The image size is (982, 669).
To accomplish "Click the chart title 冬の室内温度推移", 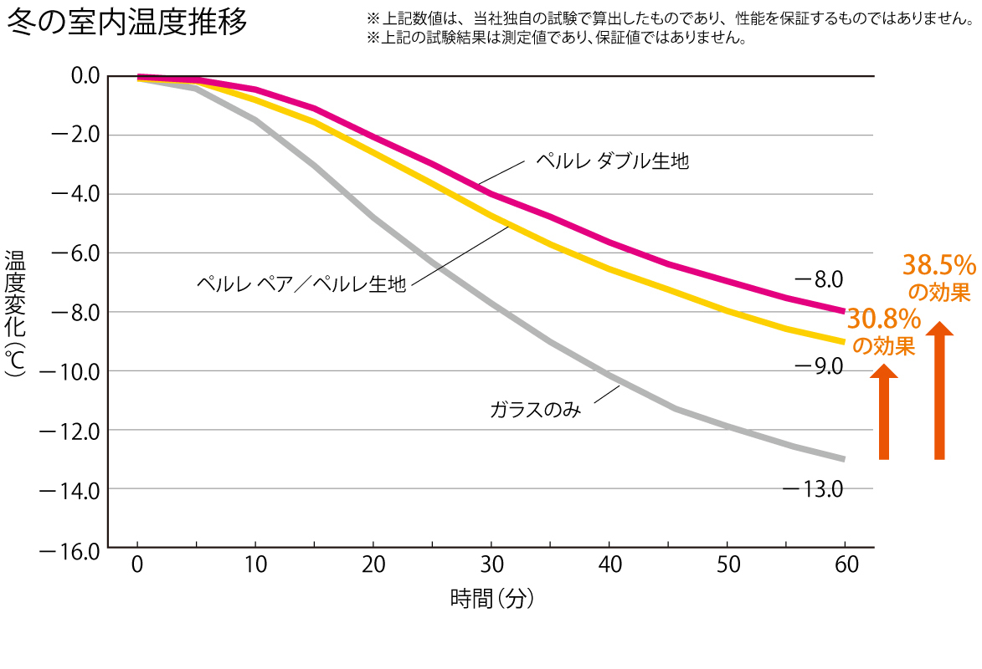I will (127, 23).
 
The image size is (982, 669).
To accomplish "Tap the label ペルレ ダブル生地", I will (612, 161).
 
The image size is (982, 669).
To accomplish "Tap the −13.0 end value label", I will (812, 488).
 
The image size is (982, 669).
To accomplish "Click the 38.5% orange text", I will (938, 266).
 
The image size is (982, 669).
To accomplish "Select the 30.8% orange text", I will (883, 319).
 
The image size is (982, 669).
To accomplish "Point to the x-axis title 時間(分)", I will (491, 599).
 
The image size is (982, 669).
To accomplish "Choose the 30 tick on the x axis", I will (493, 564).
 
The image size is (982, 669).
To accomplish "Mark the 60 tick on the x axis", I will (846, 564).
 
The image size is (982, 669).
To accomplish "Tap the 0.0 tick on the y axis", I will (80, 76).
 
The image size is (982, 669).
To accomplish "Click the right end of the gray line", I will (843, 458).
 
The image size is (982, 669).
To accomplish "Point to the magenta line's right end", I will (843, 311).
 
